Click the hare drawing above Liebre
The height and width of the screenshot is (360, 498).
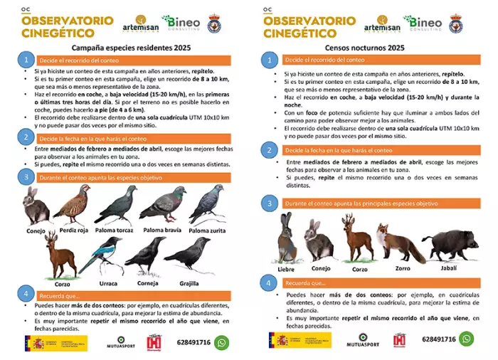point(285,239)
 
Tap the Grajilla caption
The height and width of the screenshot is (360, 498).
point(189,282)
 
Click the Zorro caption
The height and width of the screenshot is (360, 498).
point(403,269)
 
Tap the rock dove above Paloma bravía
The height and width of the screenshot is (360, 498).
point(163,204)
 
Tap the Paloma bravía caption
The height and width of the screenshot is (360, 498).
point(162,231)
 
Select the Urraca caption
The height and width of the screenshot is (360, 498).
point(109,282)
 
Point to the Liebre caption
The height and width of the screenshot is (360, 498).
point(286,269)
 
